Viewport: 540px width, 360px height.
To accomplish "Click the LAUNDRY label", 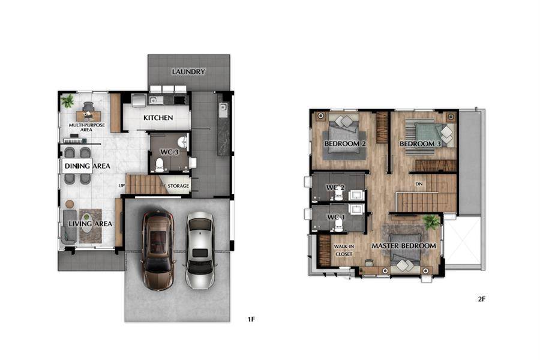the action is pos(188,71).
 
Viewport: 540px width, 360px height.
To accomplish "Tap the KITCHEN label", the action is pos(158,118).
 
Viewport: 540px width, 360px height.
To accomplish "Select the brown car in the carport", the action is pos(158,250).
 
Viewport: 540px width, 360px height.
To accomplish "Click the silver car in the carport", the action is pos(200,250).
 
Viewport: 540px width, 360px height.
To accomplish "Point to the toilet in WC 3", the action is pos(160,166).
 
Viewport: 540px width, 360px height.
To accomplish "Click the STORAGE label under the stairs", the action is pos(178,186).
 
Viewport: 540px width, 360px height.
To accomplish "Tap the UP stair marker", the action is pos(122,185).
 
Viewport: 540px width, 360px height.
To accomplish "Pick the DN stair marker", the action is pos(419,184).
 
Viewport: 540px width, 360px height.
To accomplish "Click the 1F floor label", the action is pos(251,319).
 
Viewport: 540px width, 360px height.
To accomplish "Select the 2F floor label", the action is pos(481,299).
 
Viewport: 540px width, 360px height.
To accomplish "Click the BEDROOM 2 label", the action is pos(345,143).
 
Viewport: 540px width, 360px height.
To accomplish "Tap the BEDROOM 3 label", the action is pos(420,143).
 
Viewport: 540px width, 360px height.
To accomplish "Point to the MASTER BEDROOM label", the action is pos(404,246).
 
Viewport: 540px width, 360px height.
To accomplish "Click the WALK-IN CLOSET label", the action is pos(344,250).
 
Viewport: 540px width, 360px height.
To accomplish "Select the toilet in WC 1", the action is pos(339,224).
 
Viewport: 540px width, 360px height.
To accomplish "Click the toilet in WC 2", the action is pos(339,194).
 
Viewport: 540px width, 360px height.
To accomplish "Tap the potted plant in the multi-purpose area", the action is pos(67,101).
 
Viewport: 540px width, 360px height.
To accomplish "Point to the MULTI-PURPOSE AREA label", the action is pos(87,127).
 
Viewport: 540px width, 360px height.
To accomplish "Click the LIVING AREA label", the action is pos(90,224).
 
